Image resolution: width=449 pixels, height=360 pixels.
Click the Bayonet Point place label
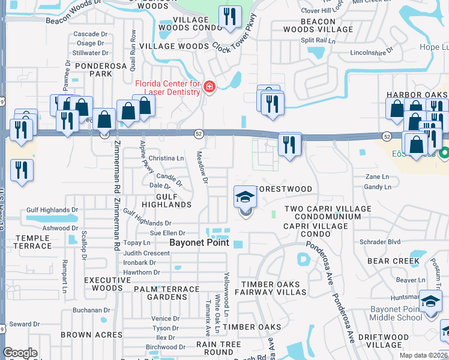click(199, 243)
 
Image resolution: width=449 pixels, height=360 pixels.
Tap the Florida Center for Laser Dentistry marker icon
click(209, 88)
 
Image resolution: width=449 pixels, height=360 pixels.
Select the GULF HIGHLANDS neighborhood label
click(166, 200)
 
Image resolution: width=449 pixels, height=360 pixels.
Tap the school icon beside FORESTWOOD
click(245, 197)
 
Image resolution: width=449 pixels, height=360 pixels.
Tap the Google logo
click(20, 353)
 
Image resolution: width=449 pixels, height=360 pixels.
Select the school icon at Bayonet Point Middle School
click(430, 301)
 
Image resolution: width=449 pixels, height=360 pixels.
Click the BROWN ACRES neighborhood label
click(83, 335)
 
